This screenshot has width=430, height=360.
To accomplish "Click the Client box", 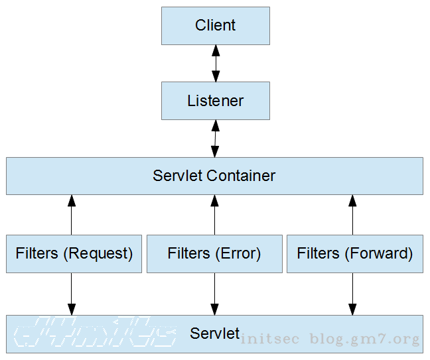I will pyautogui.click(x=216, y=26).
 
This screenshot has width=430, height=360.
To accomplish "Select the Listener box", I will pyautogui.click(x=216, y=101).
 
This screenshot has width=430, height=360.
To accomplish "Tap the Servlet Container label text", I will pyautogui.click(x=214, y=176).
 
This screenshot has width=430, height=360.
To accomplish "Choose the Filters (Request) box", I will pyautogui.click(x=74, y=253).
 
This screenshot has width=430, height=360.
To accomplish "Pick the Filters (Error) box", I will pyautogui.click(x=214, y=253).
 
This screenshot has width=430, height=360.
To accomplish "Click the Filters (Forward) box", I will pyautogui.click(x=354, y=253).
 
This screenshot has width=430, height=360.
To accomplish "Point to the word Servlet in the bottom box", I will pyautogui.click(x=214, y=333).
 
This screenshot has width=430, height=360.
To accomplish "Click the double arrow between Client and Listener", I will pyautogui.click(x=215, y=64).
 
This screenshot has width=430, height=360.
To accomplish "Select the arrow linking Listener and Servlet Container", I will pyautogui.click(x=215, y=139).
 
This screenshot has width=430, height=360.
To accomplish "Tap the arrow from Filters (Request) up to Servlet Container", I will pyautogui.click(x=72, y=214).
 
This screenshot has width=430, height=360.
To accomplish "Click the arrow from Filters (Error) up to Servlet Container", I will pyautogui.click(x=214, y=214).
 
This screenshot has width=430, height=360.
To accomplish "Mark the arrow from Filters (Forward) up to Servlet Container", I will pyautogui.click(x=352, y=214).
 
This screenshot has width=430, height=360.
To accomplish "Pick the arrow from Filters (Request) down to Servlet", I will pyautogui.click(x=72, y=294).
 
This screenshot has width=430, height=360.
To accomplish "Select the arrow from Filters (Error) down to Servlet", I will pyautogui.click(x=214, y=294).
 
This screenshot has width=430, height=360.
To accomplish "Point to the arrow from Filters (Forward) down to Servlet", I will pyautogui.click(x=352, y=294).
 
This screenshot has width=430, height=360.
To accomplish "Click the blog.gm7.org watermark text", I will pyautogui.click(x=364, y=340).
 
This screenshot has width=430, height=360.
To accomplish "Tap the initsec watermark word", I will pyautogui.click(x=272, y=340).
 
